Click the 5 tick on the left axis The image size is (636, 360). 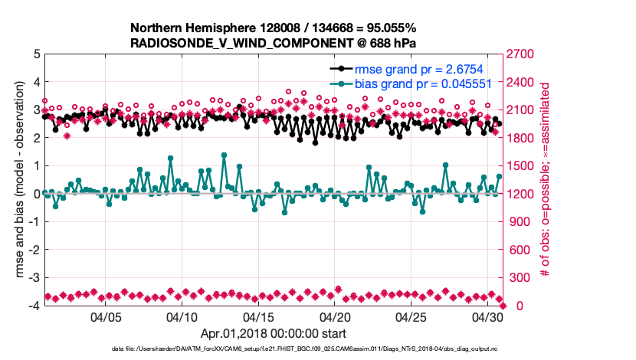[x=36, y=54]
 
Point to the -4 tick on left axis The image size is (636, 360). [x=34, y=306]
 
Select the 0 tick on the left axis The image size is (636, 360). [x=36, y=195]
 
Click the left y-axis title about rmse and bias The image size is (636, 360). [x=17, y=180]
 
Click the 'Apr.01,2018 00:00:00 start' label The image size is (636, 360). [x=274, y=333]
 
